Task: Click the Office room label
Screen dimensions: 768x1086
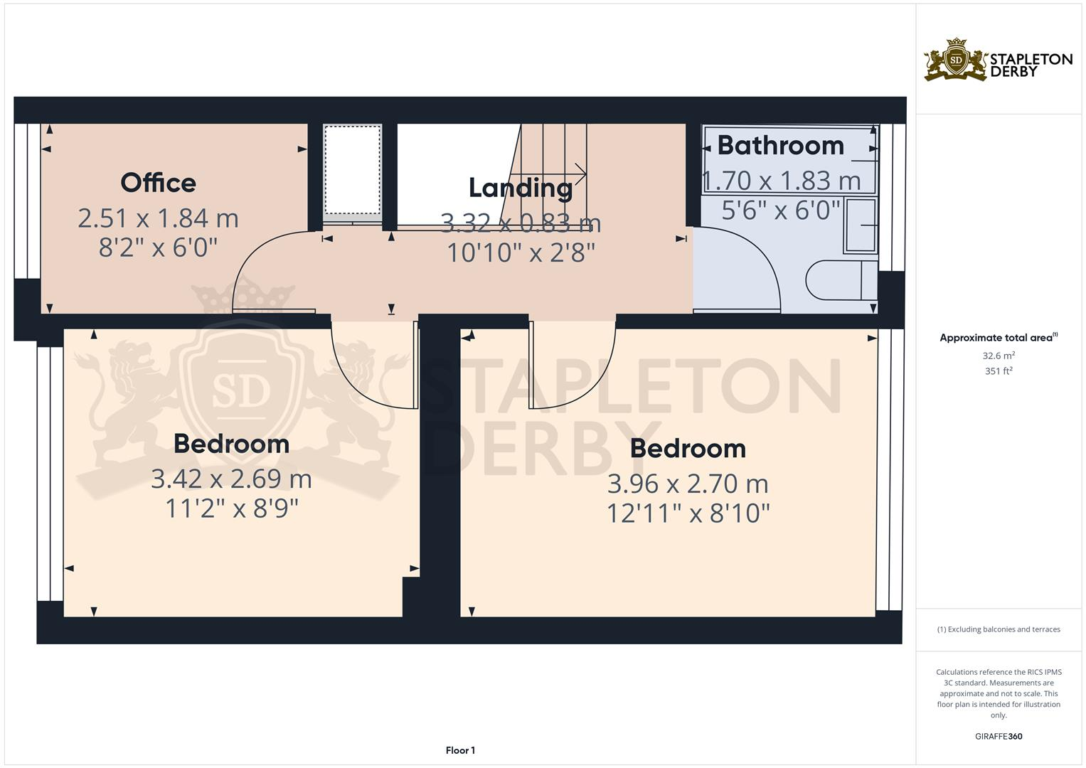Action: click(x=158, y=183)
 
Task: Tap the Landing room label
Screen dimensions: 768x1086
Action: click(x=520, y=188)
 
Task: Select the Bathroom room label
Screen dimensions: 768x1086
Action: click(x=780, y=145)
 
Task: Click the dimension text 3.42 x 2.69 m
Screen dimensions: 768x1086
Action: click(x=231, y=479)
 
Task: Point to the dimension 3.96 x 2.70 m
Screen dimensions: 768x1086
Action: click(x=688, y=484)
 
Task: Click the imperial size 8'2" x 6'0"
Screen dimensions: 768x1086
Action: click(x=158, y=247)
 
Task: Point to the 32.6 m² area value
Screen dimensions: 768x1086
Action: click(x=998, y=355)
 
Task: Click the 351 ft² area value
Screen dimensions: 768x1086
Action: click(x=998, y=370)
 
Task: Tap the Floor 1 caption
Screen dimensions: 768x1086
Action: click(x=460, y=750)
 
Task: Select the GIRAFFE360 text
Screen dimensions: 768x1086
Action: click(x=998, y=736)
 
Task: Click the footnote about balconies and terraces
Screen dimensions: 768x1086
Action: click(x=998, y=629)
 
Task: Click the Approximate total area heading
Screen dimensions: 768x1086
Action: click(x=998, y=338)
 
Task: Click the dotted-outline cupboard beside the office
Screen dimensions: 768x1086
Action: click(x=352, y=169)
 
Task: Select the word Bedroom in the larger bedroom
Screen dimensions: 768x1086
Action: click(x=688, y=449)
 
